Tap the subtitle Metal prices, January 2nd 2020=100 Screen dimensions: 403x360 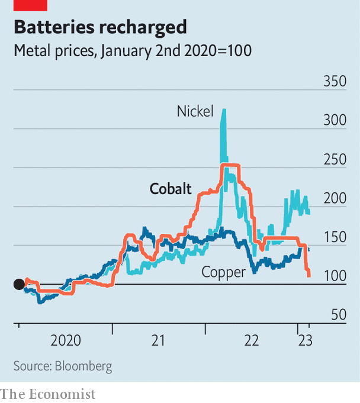coord(133,51)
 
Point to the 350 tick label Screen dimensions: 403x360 coord(335,81)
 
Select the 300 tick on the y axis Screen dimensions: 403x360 coord(335,120)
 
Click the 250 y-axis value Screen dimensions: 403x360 coord(335,159)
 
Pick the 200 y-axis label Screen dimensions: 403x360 coord(335,198)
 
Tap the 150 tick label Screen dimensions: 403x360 coord(335,237)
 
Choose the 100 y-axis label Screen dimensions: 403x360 coord(335,276)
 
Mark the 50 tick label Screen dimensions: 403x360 coord(339,314)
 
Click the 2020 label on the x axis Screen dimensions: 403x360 coord(65,341)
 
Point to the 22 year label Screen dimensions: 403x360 coord(252,341)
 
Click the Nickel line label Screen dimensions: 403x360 coord(195,111)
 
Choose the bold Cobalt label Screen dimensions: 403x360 coord(171,189)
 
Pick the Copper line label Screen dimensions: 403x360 coord(223,272)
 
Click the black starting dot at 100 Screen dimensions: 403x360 coord(19,284)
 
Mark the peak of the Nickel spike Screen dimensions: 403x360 coord(224,109)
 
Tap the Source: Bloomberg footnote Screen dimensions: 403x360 coord(63,366)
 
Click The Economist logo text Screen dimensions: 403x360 coord(48,394)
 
